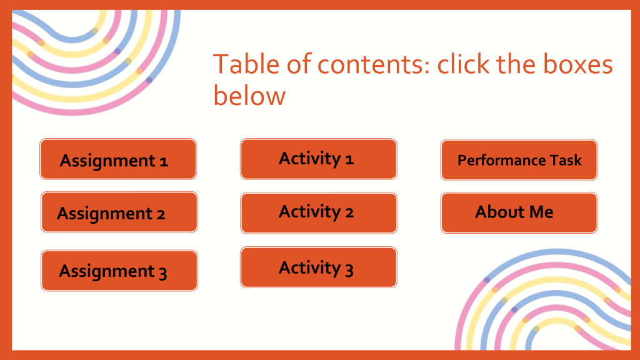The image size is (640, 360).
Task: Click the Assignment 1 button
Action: [x=118, y=159]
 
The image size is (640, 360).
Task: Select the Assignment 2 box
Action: [x=119, y=212]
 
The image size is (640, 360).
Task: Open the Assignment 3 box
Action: [x=119, y=271]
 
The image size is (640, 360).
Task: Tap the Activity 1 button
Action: [x=318, y=159]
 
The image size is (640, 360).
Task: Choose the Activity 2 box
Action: [x=319, y=213]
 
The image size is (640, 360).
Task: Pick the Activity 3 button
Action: [x=318, y=267]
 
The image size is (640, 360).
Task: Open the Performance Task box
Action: [x=519, y=160]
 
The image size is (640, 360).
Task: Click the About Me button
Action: [x=519, y=213]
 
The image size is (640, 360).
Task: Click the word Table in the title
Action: [x=247, y=64]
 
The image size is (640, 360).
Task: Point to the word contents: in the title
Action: [x=374, y=65]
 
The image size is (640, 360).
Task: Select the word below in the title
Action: [x=249, y=96]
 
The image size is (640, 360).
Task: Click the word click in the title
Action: [x=463, y=64]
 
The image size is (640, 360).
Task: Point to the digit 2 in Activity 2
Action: [x=349, y=212]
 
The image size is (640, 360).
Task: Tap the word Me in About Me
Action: [x=541, y=212]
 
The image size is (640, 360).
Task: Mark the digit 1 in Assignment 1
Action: [x=164, y=162]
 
